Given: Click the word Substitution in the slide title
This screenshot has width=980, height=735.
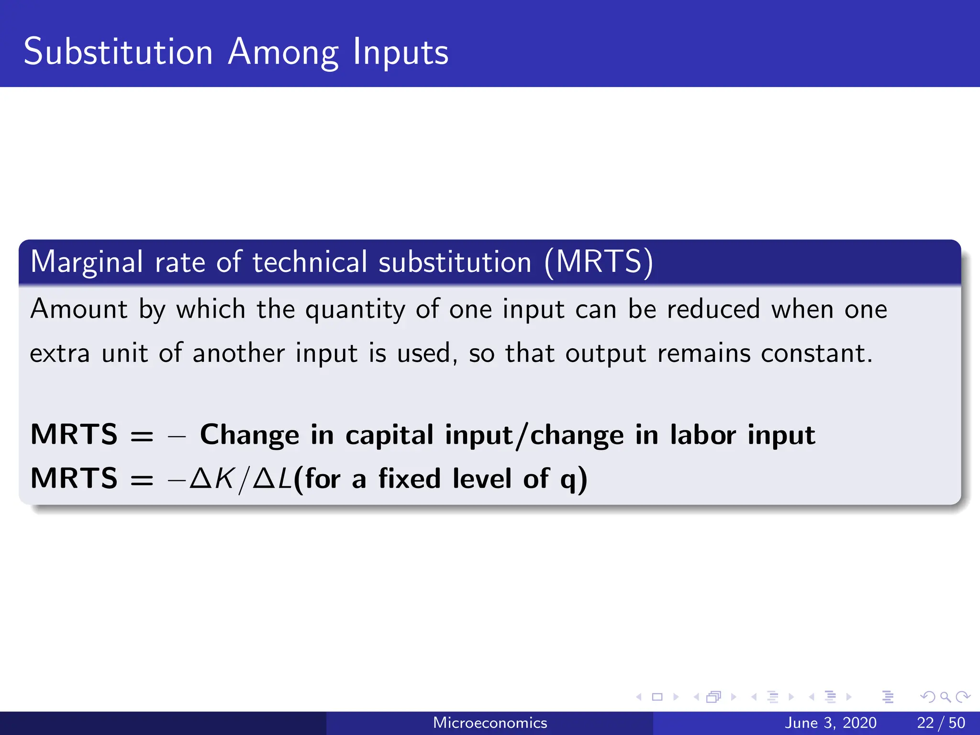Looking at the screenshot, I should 118,51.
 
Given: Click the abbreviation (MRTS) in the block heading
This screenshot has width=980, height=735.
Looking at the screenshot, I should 599,262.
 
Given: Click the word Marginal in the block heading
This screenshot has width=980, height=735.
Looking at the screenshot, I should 87,263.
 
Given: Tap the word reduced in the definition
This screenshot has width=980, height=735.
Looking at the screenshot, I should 713,309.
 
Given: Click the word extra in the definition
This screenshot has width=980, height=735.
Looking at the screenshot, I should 60,354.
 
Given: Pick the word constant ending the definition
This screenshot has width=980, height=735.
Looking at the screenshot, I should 816,354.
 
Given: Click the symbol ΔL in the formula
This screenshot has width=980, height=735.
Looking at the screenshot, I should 272,478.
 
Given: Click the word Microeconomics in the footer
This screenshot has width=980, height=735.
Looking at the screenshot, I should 490,723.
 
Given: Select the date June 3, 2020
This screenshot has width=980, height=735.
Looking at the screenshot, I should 830,723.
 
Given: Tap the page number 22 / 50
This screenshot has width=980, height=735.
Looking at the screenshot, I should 941,723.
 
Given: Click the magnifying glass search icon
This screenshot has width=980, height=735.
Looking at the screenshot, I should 945,697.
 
